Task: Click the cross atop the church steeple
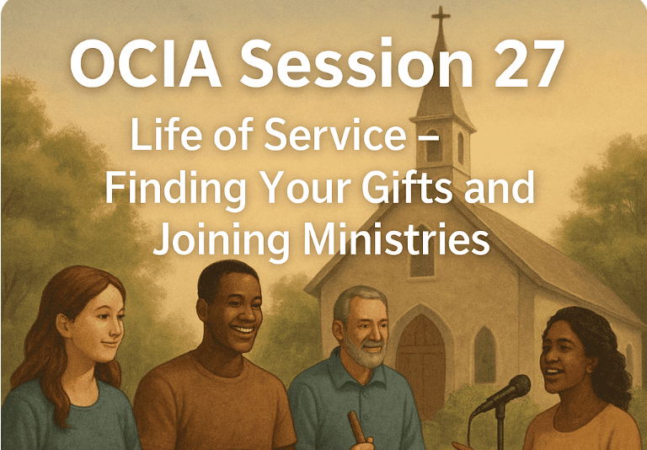pos(441,18)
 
